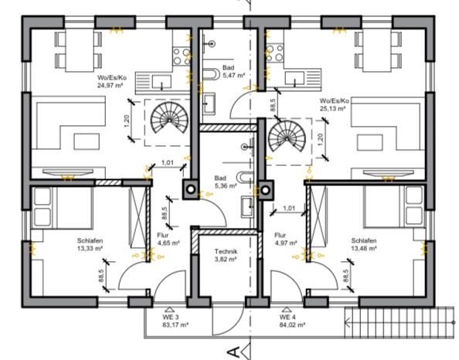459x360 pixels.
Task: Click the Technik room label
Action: click(226, 251)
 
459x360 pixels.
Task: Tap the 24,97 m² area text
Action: click(110, 86)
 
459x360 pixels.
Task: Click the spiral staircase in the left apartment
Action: click(169, 120)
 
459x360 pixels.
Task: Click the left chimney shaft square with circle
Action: click(191, 189)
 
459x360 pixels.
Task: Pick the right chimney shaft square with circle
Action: click(266, 190)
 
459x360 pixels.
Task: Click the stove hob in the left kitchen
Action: click(182, 56)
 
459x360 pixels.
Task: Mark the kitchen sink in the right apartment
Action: click(294, 79)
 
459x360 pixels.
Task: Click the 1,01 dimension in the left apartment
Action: click(168, 162)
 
